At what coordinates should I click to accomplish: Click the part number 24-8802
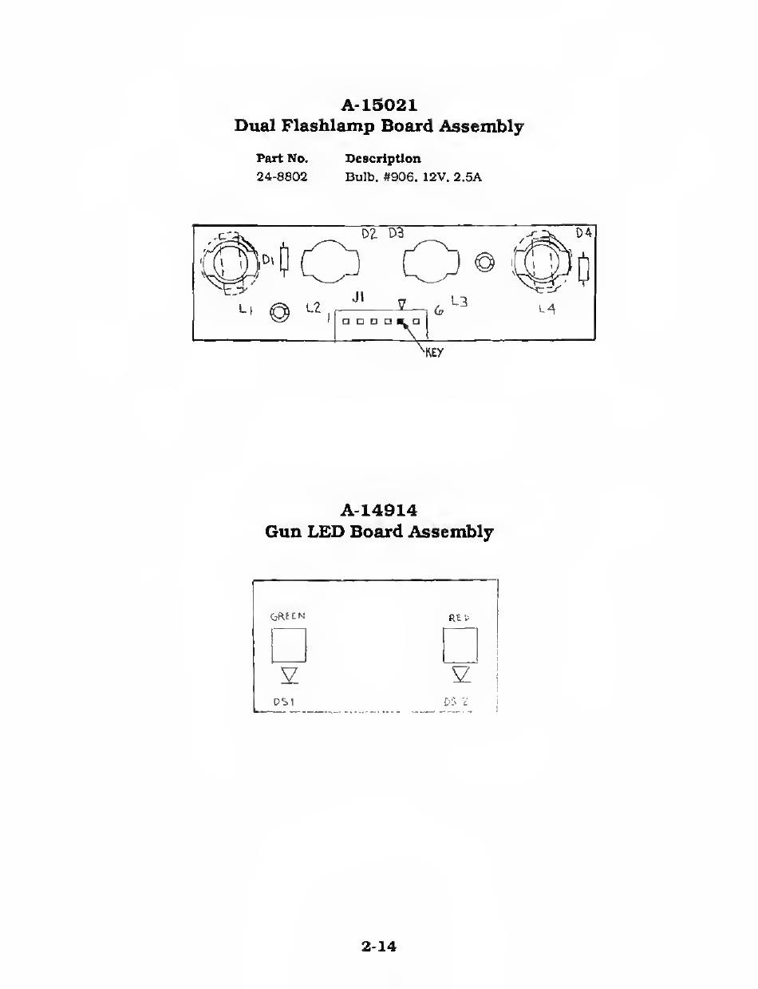(x=282, y=176)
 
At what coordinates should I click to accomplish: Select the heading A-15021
(x=379, y=105)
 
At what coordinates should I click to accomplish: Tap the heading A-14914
(x=379, y=509)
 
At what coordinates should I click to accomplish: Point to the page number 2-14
(x=379, y=947)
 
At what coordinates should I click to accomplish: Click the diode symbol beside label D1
(x=283, y=261)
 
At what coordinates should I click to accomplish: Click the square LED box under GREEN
(x=289, y=645)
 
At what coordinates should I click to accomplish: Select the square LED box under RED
(x=460, y=645)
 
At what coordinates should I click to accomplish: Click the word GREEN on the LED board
(x=288, y=615)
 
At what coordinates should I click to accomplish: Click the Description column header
(x=383, y=159)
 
